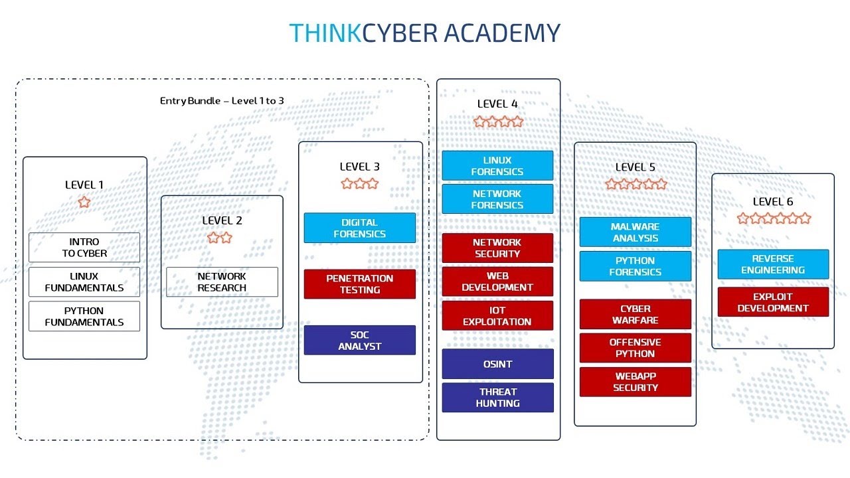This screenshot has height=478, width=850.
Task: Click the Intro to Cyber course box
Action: [84, 247]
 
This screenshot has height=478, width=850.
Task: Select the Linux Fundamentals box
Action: [84, 281]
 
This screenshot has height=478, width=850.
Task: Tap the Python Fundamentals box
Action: [84, 316]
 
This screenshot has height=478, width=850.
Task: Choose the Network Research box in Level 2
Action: [222, 281]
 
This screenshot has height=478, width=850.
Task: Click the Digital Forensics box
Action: [359, 228]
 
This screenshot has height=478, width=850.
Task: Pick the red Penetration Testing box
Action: [359, 283]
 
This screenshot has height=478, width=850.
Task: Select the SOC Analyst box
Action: [359, 340]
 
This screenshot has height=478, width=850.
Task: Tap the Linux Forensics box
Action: [497, 165]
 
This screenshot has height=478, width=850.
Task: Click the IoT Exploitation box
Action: [497, 315]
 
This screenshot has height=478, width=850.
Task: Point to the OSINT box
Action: [497, 364]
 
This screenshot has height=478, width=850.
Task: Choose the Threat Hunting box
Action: [497, 397]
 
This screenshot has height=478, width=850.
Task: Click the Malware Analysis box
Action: [635, 232]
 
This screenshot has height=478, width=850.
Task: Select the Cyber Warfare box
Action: [635, 314]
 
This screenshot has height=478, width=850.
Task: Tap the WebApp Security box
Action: [635, 382]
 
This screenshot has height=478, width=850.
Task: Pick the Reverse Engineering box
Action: [773, 264]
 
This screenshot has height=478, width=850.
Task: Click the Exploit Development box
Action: [773, 302]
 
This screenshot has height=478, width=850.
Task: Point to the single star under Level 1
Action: [84, 202]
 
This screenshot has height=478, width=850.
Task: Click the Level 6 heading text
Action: [772, 201]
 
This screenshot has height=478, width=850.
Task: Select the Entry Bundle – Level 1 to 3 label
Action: [222, 100]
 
